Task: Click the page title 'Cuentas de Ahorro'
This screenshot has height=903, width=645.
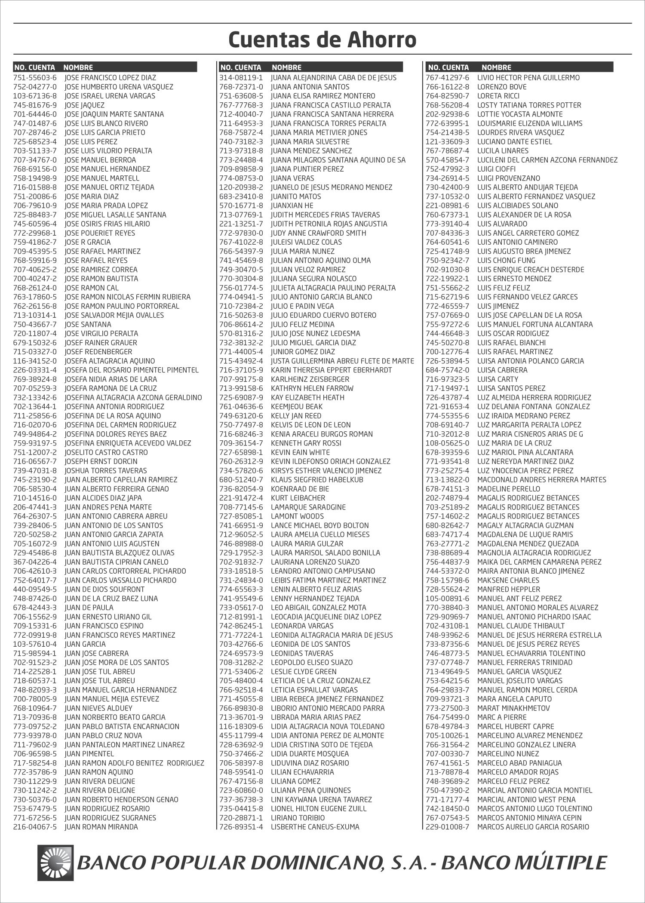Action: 322,40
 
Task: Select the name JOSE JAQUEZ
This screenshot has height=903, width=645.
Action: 84,105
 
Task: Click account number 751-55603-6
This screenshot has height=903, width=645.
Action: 35,78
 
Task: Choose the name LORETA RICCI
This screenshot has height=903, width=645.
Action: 498,96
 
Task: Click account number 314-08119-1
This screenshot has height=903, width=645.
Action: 241,78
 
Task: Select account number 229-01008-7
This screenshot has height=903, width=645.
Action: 447,827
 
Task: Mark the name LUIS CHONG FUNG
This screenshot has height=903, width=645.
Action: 506,261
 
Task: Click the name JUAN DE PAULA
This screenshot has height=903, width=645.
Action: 89,608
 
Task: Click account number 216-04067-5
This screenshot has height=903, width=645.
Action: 35,827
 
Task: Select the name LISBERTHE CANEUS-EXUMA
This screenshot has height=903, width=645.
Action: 315,827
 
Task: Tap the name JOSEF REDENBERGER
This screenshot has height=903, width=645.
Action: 98,352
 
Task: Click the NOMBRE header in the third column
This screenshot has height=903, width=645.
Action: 496,67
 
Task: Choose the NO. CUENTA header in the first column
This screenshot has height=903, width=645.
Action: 35,67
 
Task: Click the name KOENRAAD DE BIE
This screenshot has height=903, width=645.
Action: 300,489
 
